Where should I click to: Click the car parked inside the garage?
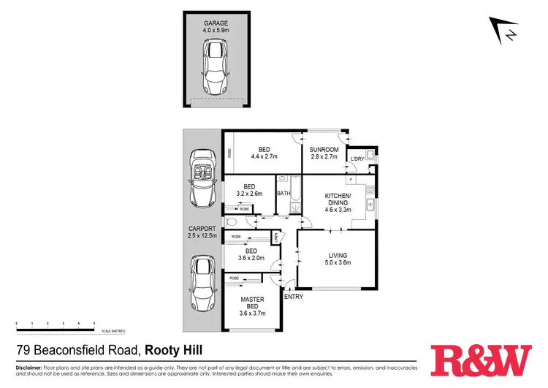coord(216,66)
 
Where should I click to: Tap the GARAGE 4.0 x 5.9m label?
coord(216,27)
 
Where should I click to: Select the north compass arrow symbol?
coord(505,31)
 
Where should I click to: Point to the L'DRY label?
coord(357,159)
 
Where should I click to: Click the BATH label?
coord(284,194)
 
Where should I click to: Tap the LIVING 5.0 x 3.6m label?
coord(338,259)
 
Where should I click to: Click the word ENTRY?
coord(293,297)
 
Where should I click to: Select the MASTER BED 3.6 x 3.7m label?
coord(252,306)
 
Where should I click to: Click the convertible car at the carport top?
coord(200,178)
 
